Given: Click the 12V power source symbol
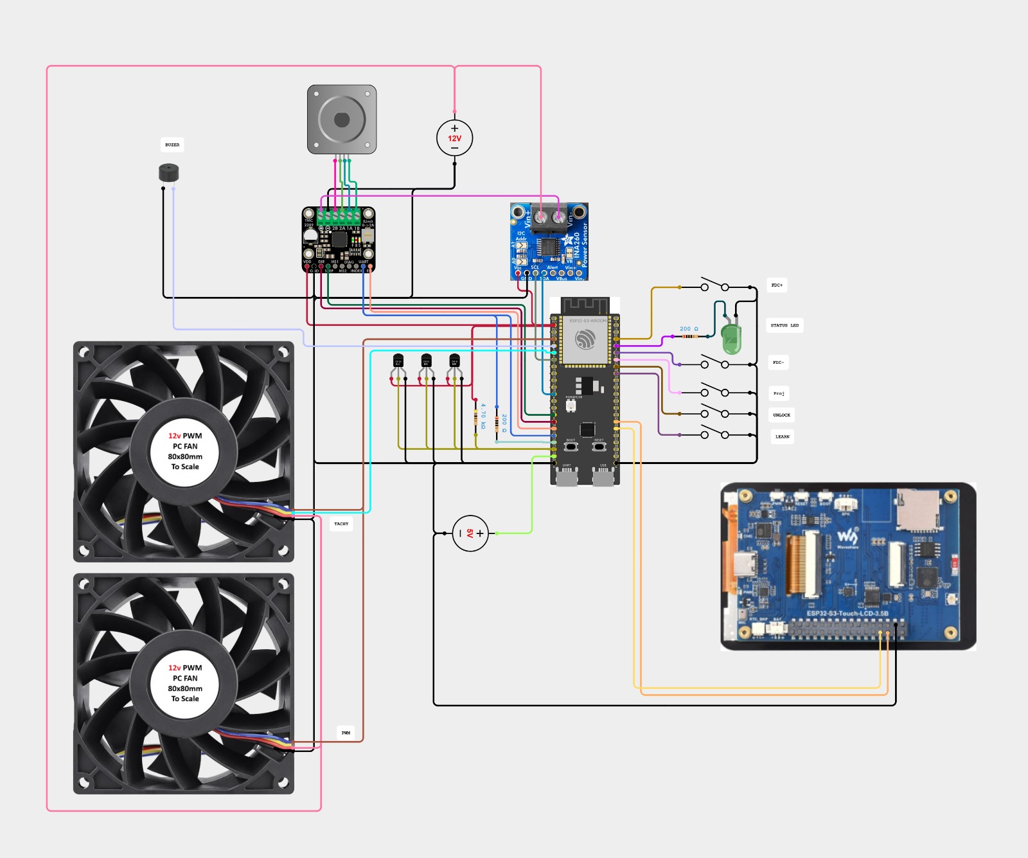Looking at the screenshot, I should coord(454,138).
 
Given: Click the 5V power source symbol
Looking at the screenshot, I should coord(470,533).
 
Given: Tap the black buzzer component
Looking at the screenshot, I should coord(168,173).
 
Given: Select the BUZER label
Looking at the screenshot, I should coord(172,145).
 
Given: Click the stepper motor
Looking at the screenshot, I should coord(342,120).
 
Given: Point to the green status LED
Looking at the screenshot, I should coord(731,339).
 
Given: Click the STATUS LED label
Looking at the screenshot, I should coord(784,325).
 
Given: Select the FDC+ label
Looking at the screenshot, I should coord(777,285).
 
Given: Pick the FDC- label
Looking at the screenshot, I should coord(778,362).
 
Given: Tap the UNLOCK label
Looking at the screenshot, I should coord(781,415).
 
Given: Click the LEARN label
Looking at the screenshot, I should coord(782,437).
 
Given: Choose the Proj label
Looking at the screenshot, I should coord(779,393).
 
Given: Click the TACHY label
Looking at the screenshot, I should coord(341,524).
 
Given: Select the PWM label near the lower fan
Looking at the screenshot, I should coord(346,733).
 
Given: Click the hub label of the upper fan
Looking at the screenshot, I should coord(185,451).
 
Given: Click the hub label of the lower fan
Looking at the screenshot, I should coord(185,683).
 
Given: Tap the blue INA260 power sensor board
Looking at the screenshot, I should coord(549,242).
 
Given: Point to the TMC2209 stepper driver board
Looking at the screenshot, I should coord(339,240).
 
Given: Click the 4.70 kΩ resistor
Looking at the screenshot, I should coord(475,417).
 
